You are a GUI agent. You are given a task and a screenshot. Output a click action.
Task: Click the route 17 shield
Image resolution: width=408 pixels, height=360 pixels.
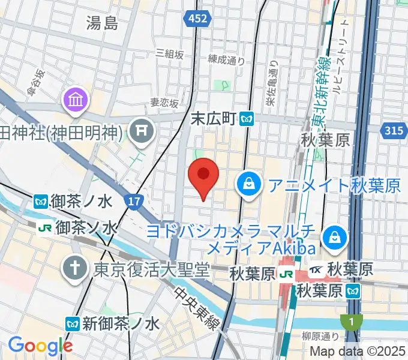coord(134,201)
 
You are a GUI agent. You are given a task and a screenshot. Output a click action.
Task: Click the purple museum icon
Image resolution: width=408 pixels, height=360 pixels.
coord(77,100)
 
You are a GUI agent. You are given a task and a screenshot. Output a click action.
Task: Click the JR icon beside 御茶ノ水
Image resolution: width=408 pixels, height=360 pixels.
coord(44,227)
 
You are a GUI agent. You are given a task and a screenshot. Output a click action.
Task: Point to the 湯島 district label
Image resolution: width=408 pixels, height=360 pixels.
coord(102,23)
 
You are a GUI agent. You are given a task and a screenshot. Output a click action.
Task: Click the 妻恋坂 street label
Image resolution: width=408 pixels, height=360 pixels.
coord(164,103)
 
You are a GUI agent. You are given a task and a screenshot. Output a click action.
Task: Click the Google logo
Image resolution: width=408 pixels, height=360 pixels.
coord(40,346)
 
